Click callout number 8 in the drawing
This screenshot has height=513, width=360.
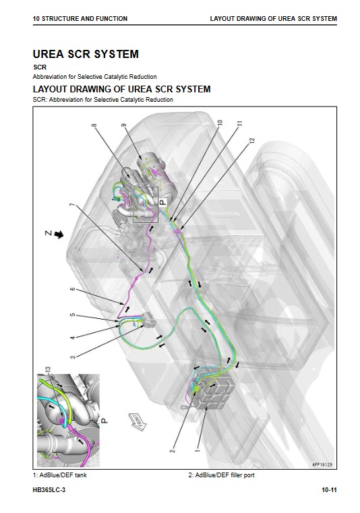point(94,125)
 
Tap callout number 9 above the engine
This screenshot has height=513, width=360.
point(123,125)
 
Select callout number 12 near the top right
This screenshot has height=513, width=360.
point(251,141)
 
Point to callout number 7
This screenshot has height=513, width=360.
point(72,205)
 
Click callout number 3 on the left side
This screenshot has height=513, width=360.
point(73,357)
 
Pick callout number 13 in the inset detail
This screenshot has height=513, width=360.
point(48,369)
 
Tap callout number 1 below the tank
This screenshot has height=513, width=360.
point(198,450)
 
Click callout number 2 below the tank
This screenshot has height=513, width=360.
point(173,450)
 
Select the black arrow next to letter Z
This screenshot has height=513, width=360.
point(59,234)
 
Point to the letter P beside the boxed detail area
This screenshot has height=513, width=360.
point(163,202)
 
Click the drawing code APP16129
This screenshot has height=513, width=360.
point(322,464)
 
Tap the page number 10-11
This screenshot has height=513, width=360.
point(329,490)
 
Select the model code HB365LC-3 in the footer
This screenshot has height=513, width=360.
point(49,490)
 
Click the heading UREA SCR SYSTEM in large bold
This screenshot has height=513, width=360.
point(86,54)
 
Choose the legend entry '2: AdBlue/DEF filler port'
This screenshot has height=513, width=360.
point(221,475)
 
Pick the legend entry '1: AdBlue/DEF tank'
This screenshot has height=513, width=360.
point(60,475)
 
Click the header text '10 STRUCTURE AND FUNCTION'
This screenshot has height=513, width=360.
point(80,19)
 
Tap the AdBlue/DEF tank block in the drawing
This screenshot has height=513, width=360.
point(216,390)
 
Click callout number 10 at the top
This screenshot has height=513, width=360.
point(220,123)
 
